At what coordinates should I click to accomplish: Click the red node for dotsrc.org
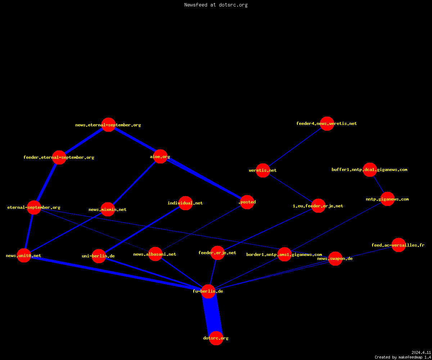216,338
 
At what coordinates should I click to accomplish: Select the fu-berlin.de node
208,291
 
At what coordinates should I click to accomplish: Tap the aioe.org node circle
160,156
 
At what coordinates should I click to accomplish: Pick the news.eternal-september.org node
108,125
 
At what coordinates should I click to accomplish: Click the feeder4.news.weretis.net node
327,123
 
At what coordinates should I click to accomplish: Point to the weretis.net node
263,170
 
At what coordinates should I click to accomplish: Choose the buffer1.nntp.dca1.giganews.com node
370,170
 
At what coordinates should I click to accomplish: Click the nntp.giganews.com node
387,199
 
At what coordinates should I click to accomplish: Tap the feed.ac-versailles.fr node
399,245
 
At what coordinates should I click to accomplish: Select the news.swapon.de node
335,258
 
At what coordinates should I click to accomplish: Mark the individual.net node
185,203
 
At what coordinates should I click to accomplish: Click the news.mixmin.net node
108,210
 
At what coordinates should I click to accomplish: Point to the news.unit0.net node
24,256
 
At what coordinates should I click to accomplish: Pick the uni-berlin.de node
99,256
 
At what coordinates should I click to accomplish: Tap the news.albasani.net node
155,254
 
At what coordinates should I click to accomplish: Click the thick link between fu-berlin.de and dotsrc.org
212,315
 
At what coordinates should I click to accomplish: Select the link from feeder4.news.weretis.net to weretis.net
295,147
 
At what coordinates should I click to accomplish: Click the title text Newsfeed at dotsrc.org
216,5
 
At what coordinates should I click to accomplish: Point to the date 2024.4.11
421,352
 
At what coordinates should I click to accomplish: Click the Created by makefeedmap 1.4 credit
402,357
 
